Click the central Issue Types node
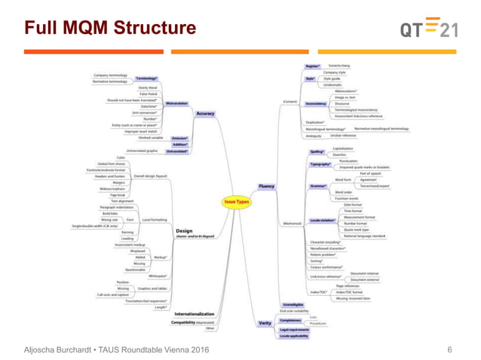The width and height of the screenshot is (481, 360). pyautogui.click(x=236, y=202)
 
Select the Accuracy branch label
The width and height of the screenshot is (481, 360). pyautogui.click(x=205, y=114)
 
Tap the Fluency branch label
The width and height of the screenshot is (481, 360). pyautogui.click(x=266, y=186)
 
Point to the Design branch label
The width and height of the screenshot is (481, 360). pyautogui.click(x=184, y=230)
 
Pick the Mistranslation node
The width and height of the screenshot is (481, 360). pyautogui.click(x=176, y=103)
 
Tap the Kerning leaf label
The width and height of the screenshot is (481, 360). pyautogui.click(x=127, y=232)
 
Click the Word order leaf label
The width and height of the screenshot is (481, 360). pyautogui.click(x=343, y=192)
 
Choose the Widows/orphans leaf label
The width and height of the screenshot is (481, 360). pyautogui.click(x=112, y=188)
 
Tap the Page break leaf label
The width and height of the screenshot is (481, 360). pyautogui.click(x=117, y=195)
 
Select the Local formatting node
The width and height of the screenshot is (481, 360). pyautogui.click(x=155, y=220)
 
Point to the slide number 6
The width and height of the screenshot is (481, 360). pyautogui.click(x=450, y=349)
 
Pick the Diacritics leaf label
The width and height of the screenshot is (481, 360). pyautogui.click(x=339, y=155)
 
